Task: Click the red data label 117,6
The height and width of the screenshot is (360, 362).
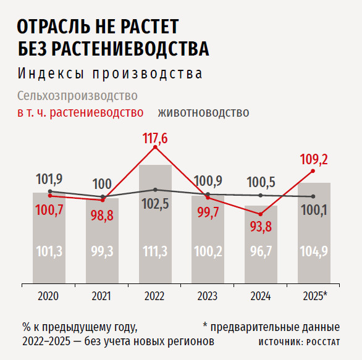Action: click(155, 138)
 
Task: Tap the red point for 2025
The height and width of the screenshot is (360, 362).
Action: click(313, 171)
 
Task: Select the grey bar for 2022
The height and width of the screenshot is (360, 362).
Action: click(155, 224)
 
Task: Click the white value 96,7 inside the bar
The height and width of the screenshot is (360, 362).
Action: click(261, 251)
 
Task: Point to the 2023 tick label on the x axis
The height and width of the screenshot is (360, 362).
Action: click(208, 296)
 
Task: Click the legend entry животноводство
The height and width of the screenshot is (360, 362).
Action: click(203, 112)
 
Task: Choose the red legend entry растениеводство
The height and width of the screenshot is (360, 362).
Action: click(96, 112)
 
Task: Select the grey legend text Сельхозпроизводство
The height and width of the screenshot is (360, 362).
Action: click(77, 96)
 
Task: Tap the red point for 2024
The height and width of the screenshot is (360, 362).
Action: click(261, 214)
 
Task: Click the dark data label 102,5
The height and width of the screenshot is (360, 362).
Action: click(155, 204)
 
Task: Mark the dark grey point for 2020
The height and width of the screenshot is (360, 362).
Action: click(50, 191)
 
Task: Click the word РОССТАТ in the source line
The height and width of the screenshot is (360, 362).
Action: click(323, 342)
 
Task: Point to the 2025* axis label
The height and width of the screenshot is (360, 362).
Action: click(315, 296)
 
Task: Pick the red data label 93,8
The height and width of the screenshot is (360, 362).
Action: click(261, 227)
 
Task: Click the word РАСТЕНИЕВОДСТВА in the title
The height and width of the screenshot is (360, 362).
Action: click(130, 48)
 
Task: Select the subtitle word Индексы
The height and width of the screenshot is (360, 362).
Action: click(51, 74)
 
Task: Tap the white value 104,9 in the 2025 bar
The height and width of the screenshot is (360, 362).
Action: click(314, 251)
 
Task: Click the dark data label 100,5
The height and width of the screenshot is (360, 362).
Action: click(261, 182)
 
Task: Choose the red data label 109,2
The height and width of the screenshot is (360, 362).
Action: click(314, 159)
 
